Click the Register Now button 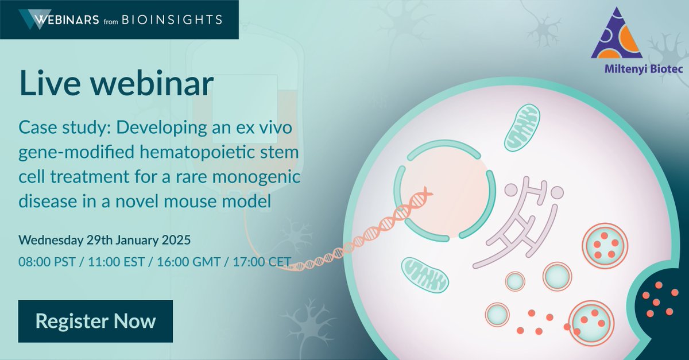[95, 321]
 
